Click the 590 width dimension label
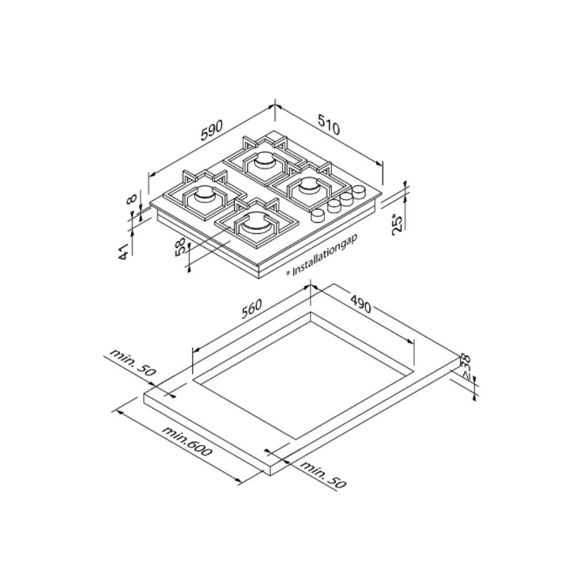coord(212,130)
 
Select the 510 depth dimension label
coord(329,124)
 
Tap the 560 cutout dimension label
coord(252,308)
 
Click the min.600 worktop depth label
coord(188,441)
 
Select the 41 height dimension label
coord(124,252)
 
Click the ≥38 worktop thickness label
coord(465,366)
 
